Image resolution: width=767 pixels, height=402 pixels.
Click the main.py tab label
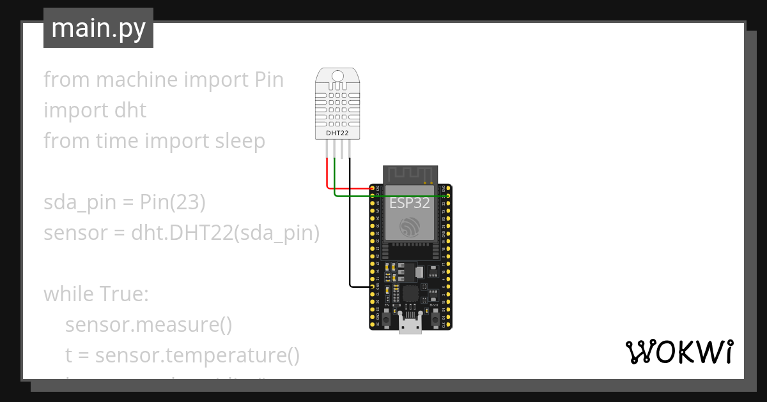pyautogui.click(x=98, y=28)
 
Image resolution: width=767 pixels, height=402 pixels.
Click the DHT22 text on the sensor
pyautogui.click(x=337, y=133)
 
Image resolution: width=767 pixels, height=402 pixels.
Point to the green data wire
pyautogui.click(x=390, y=197)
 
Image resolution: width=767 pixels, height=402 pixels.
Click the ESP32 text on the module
pyautogui.click(x=410, y=203)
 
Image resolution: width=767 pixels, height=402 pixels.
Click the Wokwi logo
pyautogui.click(x=679, y=352)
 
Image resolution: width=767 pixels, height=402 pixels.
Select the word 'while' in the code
pyautogui.click(x=68, y=295)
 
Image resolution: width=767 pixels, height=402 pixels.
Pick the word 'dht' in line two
pyautogui.click(x=130, y=110)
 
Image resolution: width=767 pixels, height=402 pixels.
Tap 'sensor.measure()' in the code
pyautogui.click(x=148, y=325)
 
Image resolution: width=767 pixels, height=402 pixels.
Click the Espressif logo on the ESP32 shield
pyautogui.click(x=410, y=227)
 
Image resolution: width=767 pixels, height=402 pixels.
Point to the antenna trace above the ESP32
pyautogui.click(x=410, y=174)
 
